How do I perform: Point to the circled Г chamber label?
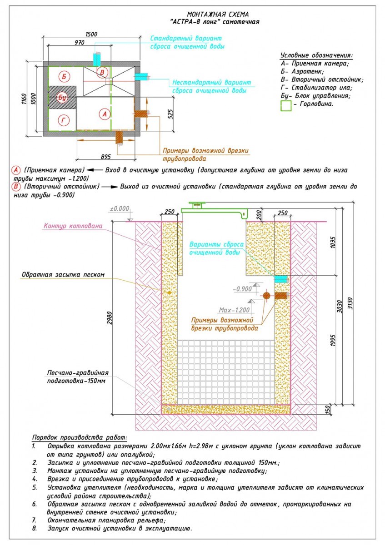[x=63, y=120]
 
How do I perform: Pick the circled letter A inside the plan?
[x=105, y=114]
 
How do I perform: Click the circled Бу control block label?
[x=63, y=98]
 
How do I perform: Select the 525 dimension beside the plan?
[x=170, y=113]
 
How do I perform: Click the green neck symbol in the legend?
[x=286, y=105]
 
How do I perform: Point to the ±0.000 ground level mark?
[x=120, y=209]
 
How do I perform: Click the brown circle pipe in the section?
[x=266, y=296]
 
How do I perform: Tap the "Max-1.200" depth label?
[x=235, y=310]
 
